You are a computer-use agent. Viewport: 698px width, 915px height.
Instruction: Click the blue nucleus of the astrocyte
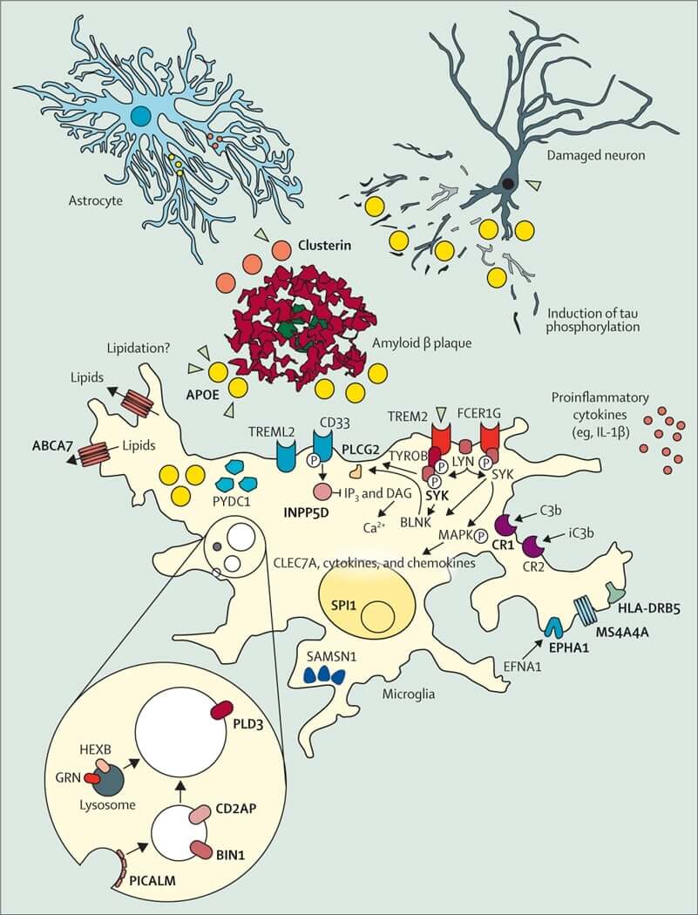[x=140, y=116]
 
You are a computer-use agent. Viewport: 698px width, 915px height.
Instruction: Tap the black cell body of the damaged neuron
[x=506, y=184]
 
